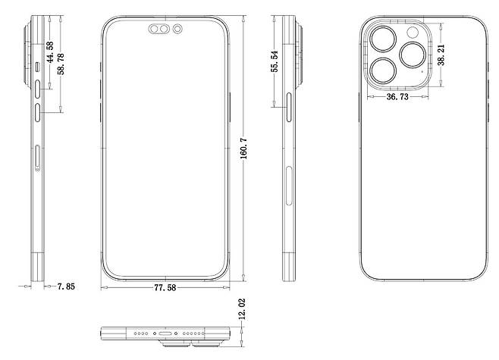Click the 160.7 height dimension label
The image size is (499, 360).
(243, 149)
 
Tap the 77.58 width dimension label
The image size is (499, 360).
(165, 288)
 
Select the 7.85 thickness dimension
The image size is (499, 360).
(66, 286)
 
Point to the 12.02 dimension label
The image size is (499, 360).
(242, 309)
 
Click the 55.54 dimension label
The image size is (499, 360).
(275, 61)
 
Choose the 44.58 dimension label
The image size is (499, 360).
(50, 52)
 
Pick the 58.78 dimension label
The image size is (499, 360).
(61, 64)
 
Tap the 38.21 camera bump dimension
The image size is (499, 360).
(441, 55)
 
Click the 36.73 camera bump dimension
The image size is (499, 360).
(397, 97)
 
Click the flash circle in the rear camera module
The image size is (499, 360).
(413, 33)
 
